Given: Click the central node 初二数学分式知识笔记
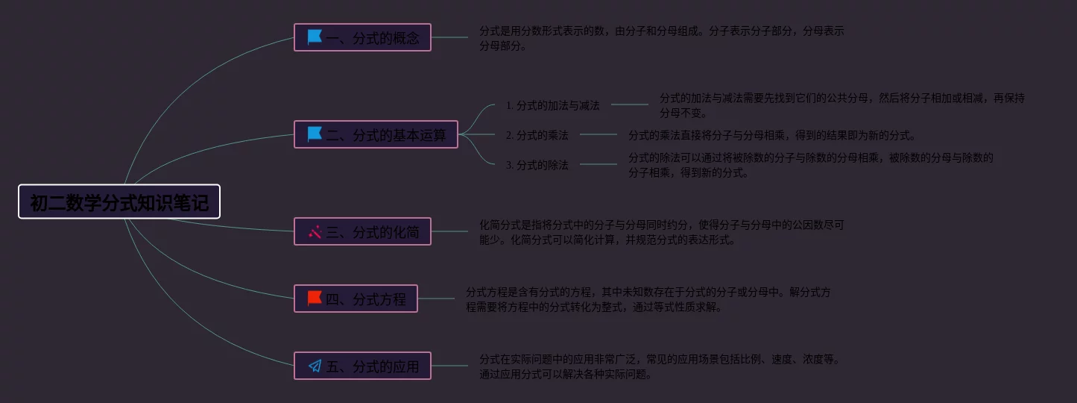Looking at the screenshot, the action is point(119,201).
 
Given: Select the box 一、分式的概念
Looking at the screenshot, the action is point(362,37).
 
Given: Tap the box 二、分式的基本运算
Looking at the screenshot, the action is point(376,134).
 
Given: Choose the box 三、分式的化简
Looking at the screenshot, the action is point(362,231).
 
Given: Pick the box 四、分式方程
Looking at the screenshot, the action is point(356,299).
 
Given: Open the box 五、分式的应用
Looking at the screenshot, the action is point(362,366).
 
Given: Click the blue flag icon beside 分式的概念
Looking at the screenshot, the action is point(315,37).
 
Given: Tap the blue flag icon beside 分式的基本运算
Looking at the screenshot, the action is point(315,134).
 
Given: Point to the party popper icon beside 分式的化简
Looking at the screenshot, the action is point(315,231).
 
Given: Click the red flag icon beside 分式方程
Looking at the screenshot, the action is point(315,299).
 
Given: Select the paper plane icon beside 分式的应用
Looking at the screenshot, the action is point(315,366).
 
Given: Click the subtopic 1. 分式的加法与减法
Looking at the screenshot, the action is point(552,105).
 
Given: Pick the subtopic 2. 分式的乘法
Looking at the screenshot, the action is point(537,135).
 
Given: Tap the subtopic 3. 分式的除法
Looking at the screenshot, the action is point(537,165).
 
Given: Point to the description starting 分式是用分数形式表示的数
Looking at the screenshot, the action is point(662,38).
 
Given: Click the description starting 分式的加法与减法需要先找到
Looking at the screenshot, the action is point(842,105).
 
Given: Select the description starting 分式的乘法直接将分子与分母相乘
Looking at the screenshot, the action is point(771,135).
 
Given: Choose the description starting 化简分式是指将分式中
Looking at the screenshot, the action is point(662,232).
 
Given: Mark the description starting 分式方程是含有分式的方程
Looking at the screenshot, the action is point(648,299).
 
